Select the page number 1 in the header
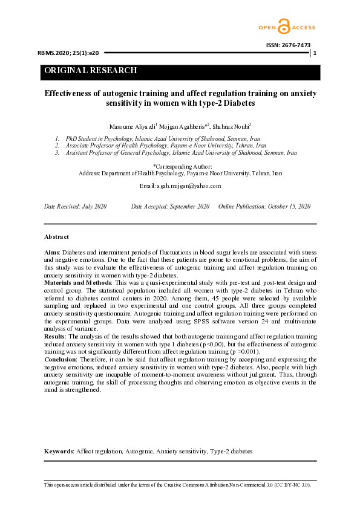(x=315, y=54)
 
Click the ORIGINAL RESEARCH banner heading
(x=91, y=71)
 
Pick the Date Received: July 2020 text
(x=76, y=207)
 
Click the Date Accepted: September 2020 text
(x=170, y=207)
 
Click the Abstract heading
(x=57, y=236)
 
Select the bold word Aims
(x=51, y=251)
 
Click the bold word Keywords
(x=59, y=452)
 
